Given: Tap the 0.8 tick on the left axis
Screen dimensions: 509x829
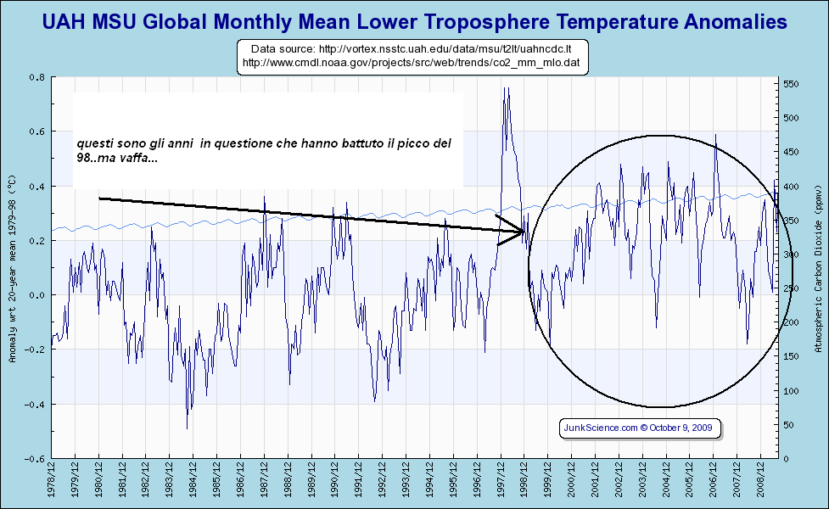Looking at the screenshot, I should (36, 77).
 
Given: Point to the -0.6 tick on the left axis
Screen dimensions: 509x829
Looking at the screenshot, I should (35, 459).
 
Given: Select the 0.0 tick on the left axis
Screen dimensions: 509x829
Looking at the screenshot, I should (36, 295).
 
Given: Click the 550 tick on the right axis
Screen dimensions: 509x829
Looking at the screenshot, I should (792, 84).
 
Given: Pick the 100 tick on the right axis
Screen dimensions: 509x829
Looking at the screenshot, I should (792, 391).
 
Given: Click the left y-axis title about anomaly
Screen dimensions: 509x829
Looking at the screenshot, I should (12, 268).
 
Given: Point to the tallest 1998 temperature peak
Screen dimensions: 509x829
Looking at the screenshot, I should (506, 87).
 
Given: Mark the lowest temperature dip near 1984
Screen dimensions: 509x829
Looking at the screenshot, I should (188, 428).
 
